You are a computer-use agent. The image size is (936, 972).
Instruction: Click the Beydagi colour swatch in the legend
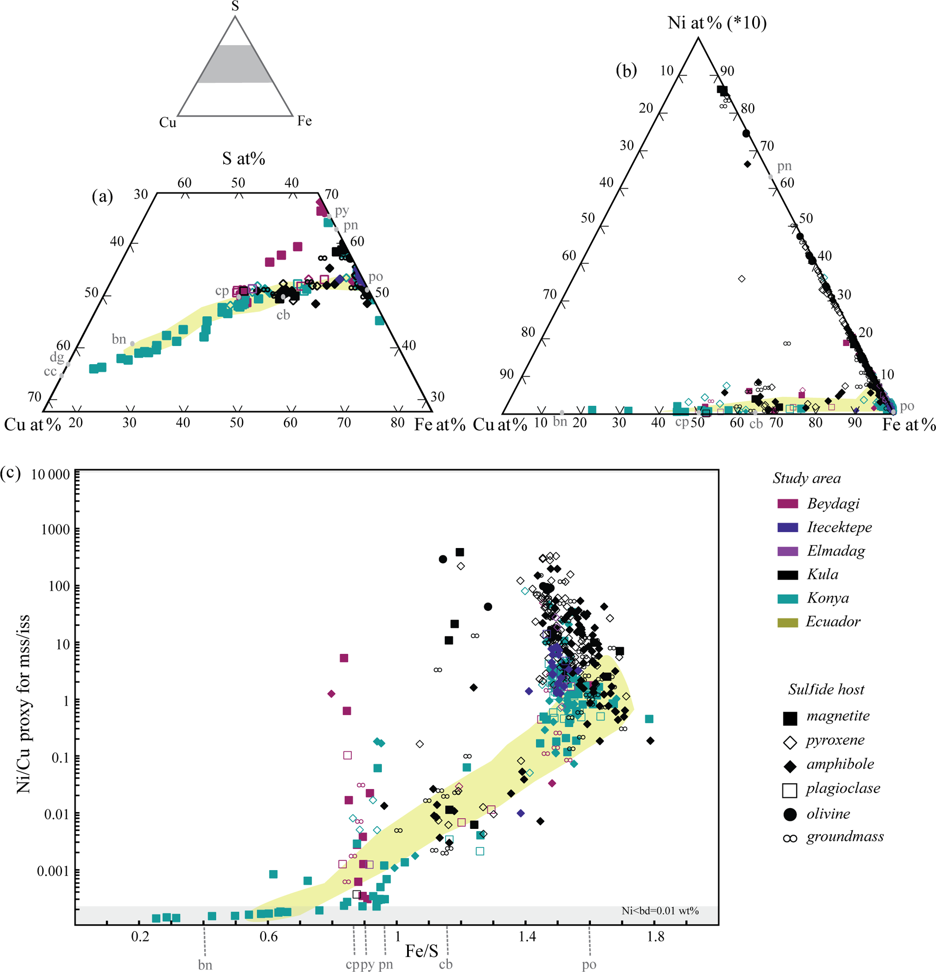[x=787, y=504]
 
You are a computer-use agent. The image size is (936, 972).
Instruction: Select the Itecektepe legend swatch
[x=787, y=528]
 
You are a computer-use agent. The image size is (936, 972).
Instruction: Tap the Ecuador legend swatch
[x=787, y=622]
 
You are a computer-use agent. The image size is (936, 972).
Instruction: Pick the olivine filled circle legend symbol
[x=790, y=814]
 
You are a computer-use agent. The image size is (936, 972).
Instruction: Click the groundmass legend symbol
[x=790, y=838]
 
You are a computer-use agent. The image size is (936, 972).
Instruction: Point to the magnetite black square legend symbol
[x=790, y=718]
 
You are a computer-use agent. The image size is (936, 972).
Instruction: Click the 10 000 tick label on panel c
[x=50, y=475]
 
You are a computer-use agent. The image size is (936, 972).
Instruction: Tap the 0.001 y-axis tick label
[x=53, y=871]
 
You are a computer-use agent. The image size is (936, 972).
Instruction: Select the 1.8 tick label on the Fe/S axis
[x=655, y=937]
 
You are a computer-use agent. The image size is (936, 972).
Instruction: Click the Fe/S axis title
[x=422, y=951]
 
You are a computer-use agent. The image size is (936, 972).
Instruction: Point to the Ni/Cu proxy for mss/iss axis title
[x=23, y=704]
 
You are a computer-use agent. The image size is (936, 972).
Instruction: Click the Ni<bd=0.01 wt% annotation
[x=660, y=910]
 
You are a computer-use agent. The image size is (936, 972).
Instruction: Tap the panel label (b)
[x=626, y=71]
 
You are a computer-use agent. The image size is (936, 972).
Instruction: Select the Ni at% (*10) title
[x=717, y=23]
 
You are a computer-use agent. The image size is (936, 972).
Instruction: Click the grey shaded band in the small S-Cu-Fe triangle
[x=235, y=64]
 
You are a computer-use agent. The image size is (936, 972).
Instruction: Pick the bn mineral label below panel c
[x=205, y=965]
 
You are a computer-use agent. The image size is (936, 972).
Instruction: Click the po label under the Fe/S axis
[x=589, y=965]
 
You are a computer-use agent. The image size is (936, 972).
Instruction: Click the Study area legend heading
[x=806, y=479]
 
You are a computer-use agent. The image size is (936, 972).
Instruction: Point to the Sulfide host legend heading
[x=826, y=689]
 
